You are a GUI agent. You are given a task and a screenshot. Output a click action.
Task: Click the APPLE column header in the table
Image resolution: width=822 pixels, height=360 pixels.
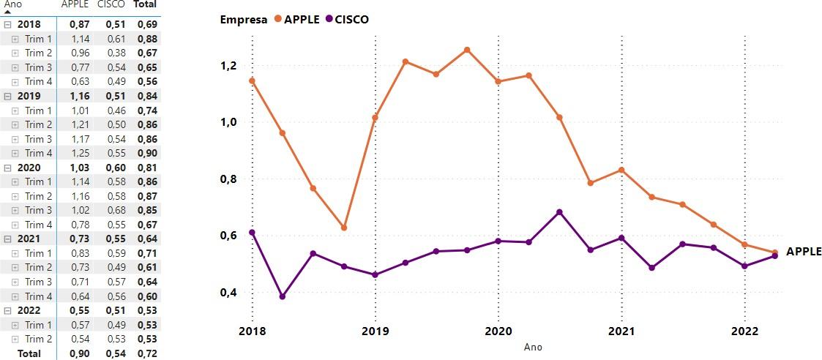point(75,4)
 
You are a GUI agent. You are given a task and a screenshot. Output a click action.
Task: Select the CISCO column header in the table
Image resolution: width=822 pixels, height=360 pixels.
point(111,4)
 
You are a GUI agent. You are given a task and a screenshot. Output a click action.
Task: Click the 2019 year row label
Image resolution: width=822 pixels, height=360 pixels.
point(29,96)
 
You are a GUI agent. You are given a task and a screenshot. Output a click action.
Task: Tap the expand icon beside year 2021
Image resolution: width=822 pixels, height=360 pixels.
point(7,239)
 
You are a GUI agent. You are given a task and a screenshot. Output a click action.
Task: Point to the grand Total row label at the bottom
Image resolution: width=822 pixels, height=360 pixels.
point(29,353)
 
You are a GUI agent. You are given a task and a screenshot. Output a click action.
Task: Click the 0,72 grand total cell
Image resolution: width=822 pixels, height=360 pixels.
point(146,353)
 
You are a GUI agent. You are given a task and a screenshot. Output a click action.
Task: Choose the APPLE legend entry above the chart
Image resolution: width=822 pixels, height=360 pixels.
point(296,20)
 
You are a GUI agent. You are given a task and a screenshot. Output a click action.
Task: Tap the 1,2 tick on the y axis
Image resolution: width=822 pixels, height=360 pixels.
point(230,66)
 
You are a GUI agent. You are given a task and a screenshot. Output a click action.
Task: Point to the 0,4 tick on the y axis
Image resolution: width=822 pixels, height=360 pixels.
point(230,293)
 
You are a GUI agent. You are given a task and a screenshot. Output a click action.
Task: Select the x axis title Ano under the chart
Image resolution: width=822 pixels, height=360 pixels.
point(533,347)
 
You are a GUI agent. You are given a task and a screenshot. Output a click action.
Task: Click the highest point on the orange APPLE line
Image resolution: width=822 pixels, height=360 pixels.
point(467,50)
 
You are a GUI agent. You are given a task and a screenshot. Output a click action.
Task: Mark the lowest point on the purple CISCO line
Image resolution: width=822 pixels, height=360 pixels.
point(283,296)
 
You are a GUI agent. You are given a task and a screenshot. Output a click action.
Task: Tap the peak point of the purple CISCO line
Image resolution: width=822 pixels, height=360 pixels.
point(560,212)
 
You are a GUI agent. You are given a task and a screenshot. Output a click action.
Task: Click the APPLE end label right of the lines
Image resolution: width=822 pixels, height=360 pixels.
point(804,252)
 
